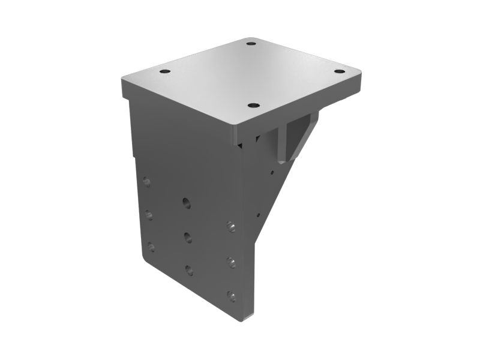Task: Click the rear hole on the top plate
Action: [x=251, y=43]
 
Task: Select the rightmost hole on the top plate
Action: [x=340, y=71]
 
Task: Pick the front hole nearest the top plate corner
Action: [x=253, y=105]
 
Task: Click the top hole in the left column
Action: [x=147, y=182]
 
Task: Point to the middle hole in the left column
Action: [x=149, y=214]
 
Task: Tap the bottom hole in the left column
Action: [x=151, y=247]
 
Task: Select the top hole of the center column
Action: [x=187, y=203]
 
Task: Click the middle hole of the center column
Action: [x=188, y=236]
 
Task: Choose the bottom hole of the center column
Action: [x=190, y=270]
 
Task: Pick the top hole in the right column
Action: [x=230, y=226]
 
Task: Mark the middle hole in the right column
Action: [x=231, y=262]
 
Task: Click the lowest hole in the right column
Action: [x=231, y=295]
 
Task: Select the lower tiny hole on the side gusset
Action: [x=259, y=212]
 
